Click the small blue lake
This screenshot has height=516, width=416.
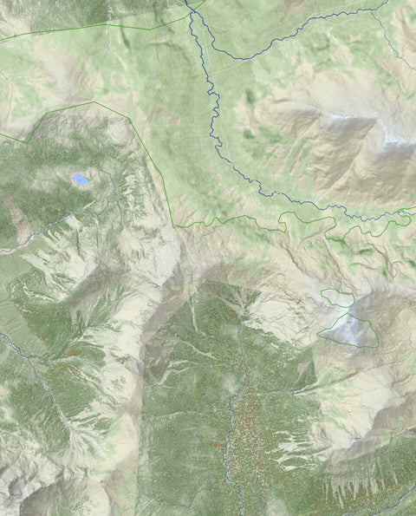[80, 180]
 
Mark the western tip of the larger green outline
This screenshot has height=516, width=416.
[318, 332]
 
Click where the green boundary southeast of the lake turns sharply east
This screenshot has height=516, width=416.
[174, 226]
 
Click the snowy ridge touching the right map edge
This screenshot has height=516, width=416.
[400, 147]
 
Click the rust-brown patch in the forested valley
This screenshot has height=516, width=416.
[247, 425]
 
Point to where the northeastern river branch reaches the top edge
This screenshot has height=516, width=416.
[387, 3]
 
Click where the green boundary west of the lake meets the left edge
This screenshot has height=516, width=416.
[3, 135]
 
